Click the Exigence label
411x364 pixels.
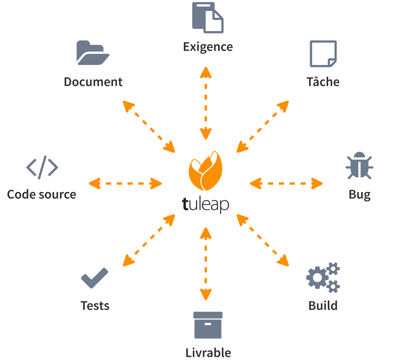tap(208, 47)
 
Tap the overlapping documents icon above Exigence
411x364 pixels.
tap(208, 18)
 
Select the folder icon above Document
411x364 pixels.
tap(93, 53)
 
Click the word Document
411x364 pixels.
tap(93, 82)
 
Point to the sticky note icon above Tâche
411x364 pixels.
tap(323, 54)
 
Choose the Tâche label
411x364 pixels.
tap(323, 82)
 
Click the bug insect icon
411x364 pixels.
tap(359, 165)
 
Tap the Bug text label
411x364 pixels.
tap(359, 195)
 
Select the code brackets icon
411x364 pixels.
tap(42, 167)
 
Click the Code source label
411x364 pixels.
tap(42, 195)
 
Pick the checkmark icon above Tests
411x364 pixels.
tap(95, 278)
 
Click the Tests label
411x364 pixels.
tap(95, 306)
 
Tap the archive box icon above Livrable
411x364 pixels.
tap(208, 325)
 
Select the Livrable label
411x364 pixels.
tap(208, 353)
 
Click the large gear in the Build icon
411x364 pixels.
tap(317, 278)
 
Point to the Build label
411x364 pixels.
tap(323, 306)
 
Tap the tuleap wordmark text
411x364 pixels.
tap(205, 204)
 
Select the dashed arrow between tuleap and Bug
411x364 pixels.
tap(286, 183)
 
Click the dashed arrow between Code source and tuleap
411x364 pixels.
tap(125, 183)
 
